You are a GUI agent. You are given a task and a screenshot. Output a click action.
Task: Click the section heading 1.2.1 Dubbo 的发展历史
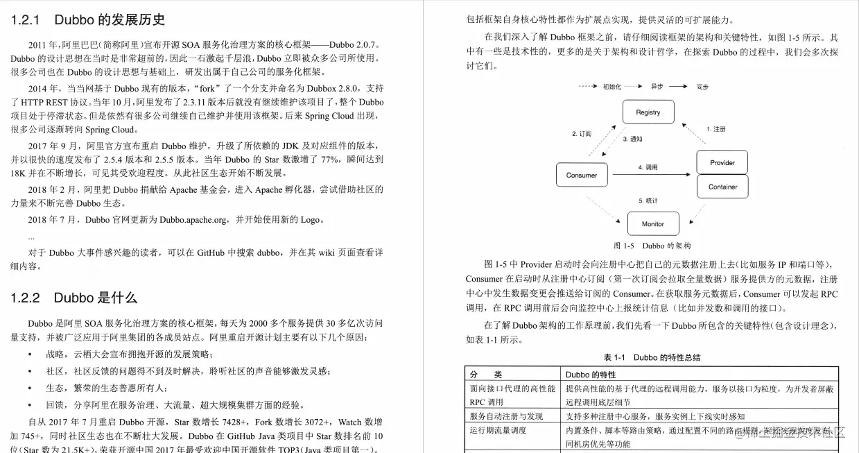tap(88, 20)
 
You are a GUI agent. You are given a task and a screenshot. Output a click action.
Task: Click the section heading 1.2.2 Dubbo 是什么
tap(73, 298)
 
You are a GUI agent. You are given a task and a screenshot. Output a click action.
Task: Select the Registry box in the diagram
tap(648, 112)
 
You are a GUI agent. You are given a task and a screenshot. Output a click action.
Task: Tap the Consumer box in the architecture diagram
tap(582, 175)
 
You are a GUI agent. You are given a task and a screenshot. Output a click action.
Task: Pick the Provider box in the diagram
tap(722, 163)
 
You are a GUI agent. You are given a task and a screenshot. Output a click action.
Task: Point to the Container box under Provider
tap(722, 187)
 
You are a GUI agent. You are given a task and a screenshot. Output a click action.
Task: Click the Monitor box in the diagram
tap(652, 223)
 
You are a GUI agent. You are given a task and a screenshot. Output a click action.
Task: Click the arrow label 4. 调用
tap(648, 167)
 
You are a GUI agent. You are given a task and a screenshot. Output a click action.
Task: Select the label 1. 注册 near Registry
tap(715, 129)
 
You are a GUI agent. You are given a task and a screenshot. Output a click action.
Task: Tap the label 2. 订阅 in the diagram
tap(581, 133)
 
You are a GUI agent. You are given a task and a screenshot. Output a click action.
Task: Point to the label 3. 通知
tap(632, 139)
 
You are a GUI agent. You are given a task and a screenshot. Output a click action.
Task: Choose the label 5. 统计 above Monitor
tap(648, 200)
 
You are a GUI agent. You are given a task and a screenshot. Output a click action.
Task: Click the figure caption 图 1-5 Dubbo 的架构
tap(652, 246)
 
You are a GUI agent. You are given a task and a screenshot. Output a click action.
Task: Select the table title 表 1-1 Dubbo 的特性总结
tap(652, 357)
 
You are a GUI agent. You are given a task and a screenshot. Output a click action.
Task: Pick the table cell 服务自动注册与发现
tap(505, 416)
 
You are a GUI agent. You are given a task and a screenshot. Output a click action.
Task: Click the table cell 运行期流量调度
tap(498, 430)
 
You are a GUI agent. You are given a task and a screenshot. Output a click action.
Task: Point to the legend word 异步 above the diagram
tap(657, 87)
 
